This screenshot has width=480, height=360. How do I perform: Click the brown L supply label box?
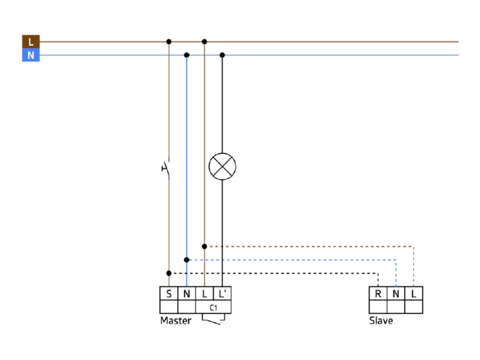point(31,41)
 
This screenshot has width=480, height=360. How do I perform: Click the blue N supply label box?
point(31,55)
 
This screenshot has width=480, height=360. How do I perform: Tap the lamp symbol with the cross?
point(222,167)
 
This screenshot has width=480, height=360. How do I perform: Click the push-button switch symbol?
point(166,168)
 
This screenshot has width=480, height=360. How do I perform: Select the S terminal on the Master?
point(169,293)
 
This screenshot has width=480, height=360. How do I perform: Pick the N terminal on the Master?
point(187,293)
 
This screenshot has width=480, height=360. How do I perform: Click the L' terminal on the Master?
point(222,293)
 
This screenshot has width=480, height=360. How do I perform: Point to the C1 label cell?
point(214,307)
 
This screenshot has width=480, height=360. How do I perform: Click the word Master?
point(176,320)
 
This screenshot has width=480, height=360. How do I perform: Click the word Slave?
point(381,320)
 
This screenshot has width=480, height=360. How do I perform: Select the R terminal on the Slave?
point(378,293)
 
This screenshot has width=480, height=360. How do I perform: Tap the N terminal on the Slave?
point(396,293)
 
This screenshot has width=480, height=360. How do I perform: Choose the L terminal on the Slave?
point(413,293)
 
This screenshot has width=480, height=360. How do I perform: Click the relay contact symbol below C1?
point(214,319)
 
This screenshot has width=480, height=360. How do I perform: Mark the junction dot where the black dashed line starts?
point(169,273)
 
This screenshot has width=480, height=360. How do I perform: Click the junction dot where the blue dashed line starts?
point(187,260)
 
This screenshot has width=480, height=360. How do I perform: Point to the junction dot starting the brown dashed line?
point(205,247)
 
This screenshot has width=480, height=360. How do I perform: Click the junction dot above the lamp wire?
point(222,55)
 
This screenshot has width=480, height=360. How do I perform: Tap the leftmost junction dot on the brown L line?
point(169,41)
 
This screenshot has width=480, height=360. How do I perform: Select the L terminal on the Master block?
point(205,293)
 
